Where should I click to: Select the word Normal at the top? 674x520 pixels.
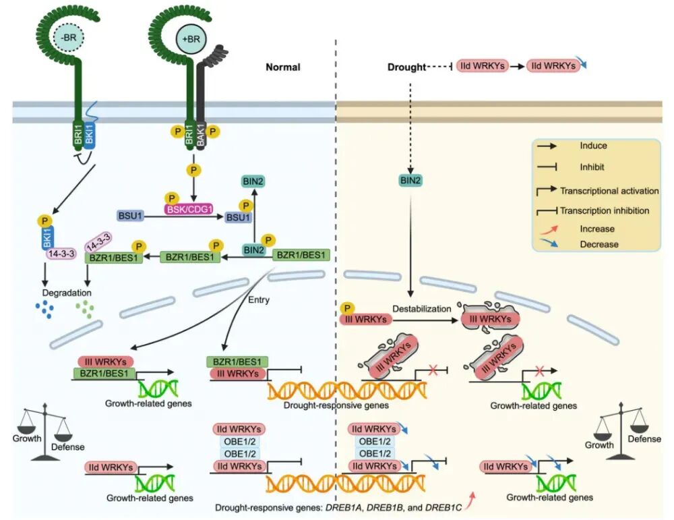point(282,67)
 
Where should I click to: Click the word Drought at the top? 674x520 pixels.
point(406,67)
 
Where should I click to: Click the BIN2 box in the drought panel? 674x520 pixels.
point(410,179)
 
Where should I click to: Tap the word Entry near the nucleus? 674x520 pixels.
point(259,300)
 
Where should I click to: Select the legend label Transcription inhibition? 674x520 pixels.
point(604,210)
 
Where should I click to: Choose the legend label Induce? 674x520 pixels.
point(593,146)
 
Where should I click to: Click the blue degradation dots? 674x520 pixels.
point(44,310)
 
